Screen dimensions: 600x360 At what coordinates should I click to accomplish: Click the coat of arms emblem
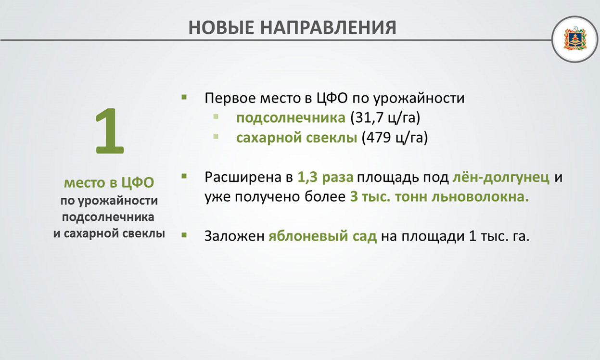[575, 39]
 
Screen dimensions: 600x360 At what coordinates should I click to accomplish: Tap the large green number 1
[110, 131]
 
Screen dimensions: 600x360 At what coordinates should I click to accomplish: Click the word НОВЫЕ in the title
[221, 27]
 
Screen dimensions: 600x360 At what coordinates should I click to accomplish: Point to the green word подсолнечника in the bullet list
[291, 118]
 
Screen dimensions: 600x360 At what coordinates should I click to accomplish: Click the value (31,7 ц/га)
[385, 118]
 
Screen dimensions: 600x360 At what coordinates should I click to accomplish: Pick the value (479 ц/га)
[395, 138]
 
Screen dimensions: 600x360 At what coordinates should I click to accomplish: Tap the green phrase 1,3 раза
[325, 177]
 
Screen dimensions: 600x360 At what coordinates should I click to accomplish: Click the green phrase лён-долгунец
[501, 177]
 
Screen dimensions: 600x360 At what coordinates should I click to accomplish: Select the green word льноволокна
[480, 197]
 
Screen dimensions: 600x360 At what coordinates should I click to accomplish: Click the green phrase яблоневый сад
[323, 236]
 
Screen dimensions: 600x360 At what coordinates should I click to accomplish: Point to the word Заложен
[234, 236]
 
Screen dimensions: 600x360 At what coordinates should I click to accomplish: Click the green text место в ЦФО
[109, 183]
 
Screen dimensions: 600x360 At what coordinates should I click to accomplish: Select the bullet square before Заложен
[184, 235]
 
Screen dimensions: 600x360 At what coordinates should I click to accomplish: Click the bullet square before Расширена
[184, 176]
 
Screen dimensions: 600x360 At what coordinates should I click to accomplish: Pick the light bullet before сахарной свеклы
[216, 137]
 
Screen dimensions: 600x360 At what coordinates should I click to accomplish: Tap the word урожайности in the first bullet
[419, 99]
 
